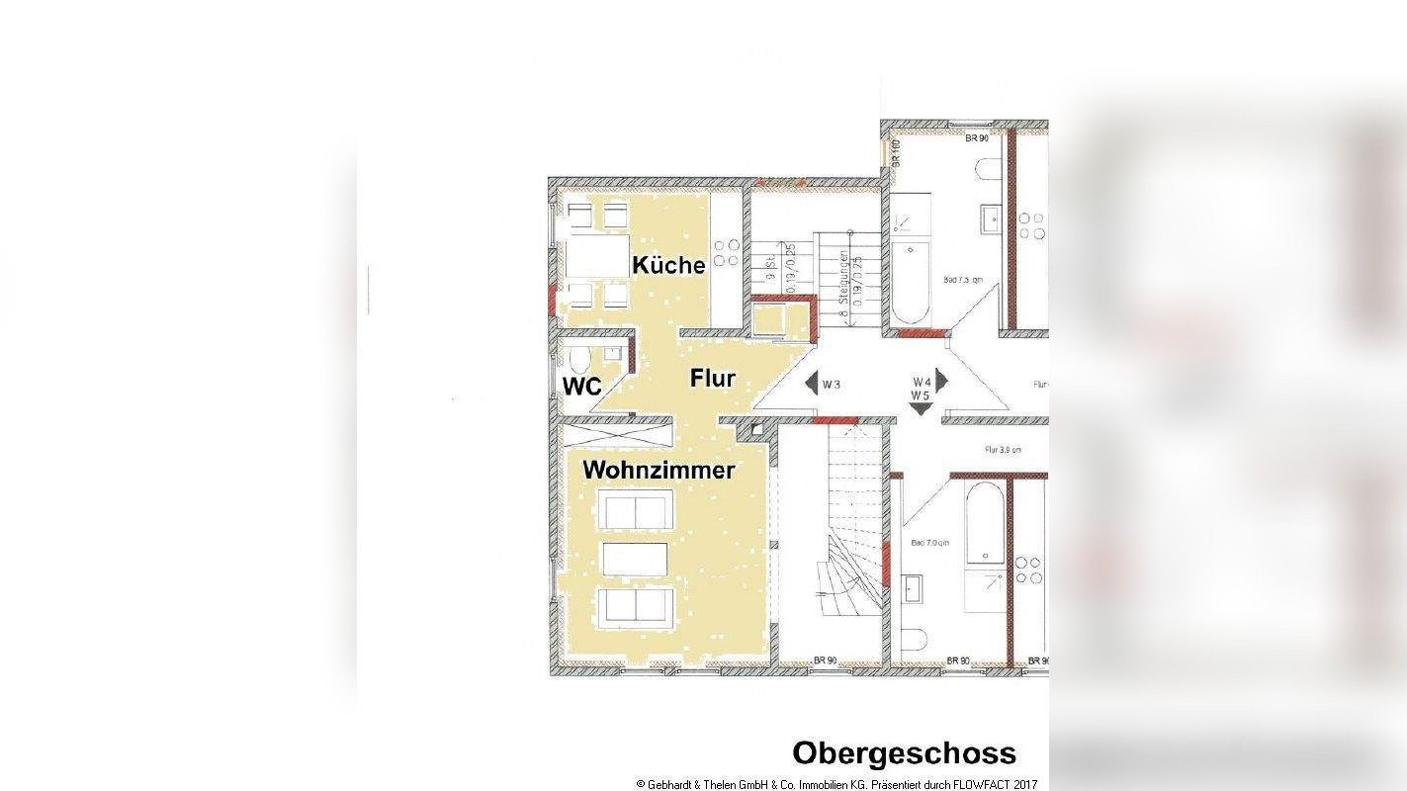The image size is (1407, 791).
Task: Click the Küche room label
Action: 668,265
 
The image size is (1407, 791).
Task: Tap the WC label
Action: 581,387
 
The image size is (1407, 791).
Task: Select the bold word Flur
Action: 712,378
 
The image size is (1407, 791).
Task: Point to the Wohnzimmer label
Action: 659,470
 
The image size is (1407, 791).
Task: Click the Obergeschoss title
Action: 904,753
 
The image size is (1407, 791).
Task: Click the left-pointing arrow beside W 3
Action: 811,384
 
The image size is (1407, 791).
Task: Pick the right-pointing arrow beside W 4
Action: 941,380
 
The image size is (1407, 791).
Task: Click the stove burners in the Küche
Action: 727,252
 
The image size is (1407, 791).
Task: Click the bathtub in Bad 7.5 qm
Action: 910,283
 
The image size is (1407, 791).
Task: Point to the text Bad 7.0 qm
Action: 929,543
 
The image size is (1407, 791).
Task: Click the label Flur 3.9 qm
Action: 1002,450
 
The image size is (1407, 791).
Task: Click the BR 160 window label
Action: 896,151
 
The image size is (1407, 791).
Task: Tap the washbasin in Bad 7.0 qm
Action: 912,587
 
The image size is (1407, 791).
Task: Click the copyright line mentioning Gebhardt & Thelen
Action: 836,784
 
